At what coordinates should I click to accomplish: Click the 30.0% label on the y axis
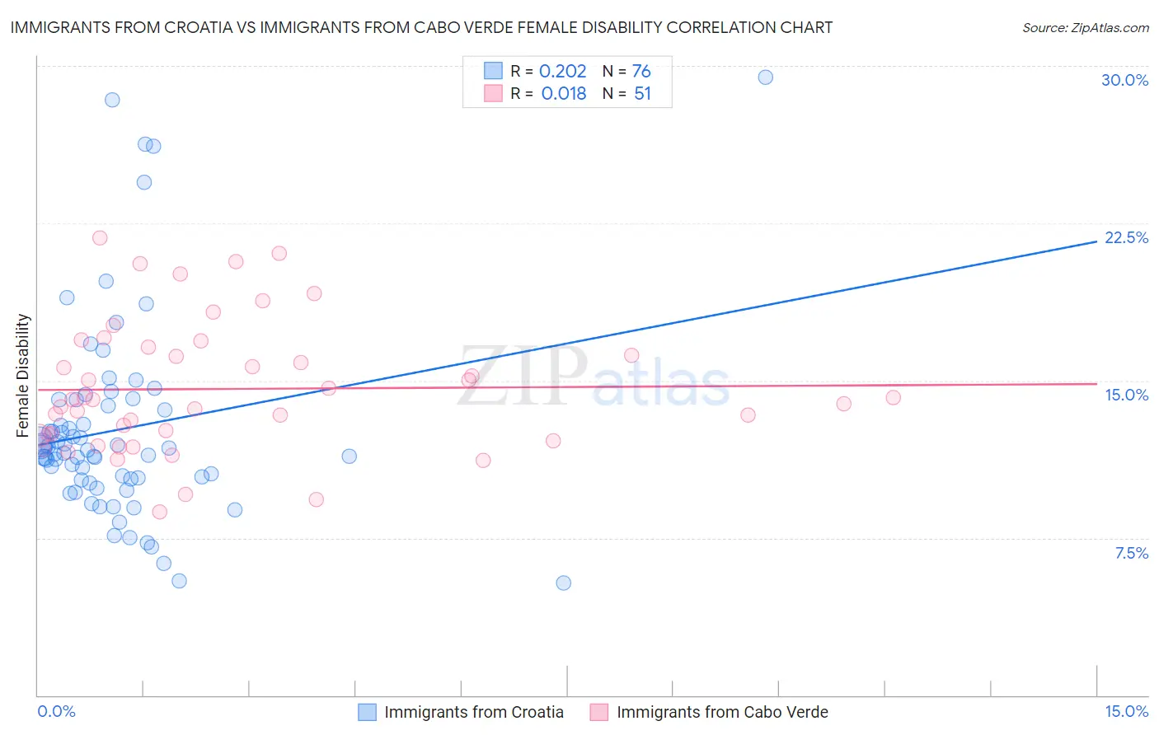click(x=1124, y=80)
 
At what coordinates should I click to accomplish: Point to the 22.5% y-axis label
click(x=1126, y=237)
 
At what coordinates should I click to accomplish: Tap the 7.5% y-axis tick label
click(x=1131, y=553)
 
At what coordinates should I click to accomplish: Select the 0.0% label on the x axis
click(x=56, y=711)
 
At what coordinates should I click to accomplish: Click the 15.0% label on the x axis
click(x=1126, y=711)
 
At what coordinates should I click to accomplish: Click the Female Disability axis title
click(x=23, y=375)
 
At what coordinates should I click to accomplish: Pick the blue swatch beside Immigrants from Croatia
click(x=367, y=712)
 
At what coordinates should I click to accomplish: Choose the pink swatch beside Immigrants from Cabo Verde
click(x=599, y=712)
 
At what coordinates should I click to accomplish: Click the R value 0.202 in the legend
click(x=562, y=71)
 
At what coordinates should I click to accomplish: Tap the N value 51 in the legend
click(x=642, y=94)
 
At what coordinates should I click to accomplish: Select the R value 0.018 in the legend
click(x=564, y=94)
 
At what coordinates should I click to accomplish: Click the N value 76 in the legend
click(x=641, y=71)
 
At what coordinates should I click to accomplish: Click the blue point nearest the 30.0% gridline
click(x=765, y=77)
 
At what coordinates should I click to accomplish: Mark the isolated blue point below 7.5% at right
click(x=563, y=583)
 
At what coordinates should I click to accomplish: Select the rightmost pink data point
click(x=893, y=397)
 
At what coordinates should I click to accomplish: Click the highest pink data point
click(x=100, y=238)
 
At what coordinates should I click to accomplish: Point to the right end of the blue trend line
click(x=1096, y=241)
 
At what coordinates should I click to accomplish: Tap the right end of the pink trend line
click(x=1096, y=383)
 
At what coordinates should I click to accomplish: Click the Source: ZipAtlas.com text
click(x=1085, y=28)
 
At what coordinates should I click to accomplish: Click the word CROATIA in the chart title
click(x=216, y=27)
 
